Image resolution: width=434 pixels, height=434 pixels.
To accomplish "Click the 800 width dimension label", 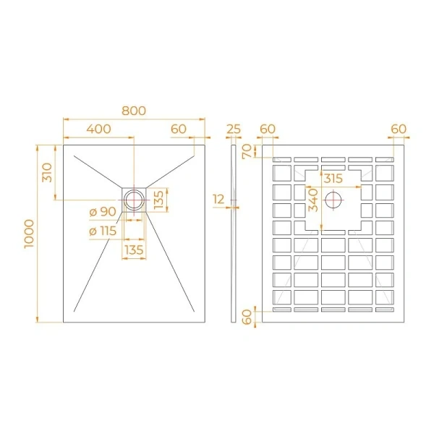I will coord(134,111).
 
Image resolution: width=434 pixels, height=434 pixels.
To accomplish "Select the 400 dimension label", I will coord(98,129).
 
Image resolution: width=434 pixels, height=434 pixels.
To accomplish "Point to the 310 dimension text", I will coord(47,172).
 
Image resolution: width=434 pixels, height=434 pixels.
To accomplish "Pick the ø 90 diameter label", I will coord(103,212).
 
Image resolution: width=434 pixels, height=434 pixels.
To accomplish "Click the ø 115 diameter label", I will coord(103,231).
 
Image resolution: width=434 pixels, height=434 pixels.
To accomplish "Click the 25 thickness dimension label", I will coord(234,129).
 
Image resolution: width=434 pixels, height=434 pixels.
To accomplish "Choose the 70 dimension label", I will coord(247,151).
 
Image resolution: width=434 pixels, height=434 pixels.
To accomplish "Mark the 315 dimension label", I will coord(333,178).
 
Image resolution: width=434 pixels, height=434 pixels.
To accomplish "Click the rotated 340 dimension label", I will coord(312,199).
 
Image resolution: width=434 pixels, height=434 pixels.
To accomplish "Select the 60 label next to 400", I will coord(179,129).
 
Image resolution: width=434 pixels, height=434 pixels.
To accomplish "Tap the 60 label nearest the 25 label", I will coord(268,129).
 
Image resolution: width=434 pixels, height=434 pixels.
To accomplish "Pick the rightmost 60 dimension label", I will coord(399,129).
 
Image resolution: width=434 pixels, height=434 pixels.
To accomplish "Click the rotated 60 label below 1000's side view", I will coord(247,317).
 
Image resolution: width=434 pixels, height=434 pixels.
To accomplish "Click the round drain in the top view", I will coord(135,199).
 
